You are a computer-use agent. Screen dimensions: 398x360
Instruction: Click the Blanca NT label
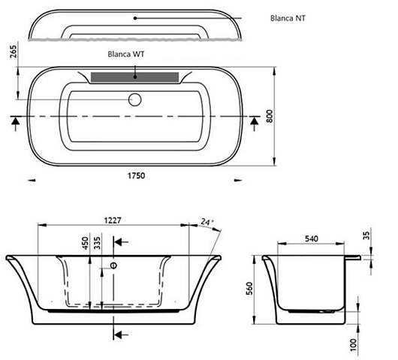point(288,18)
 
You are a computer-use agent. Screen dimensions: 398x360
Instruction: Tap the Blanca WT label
point(126,54)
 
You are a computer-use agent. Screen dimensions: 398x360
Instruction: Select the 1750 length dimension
point(137,175)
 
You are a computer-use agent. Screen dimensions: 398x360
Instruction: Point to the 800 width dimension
point(270,116)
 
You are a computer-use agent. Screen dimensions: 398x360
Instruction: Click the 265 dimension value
point(14,52)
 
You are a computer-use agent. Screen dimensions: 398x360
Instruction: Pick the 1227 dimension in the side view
point(113,220)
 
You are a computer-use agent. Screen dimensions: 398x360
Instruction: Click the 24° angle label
point(207,222)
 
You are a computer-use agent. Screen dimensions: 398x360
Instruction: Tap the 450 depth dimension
point(85,243)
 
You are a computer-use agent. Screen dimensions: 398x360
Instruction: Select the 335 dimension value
point(97,243)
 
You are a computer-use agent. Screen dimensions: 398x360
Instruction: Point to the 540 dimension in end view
point(311,238)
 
